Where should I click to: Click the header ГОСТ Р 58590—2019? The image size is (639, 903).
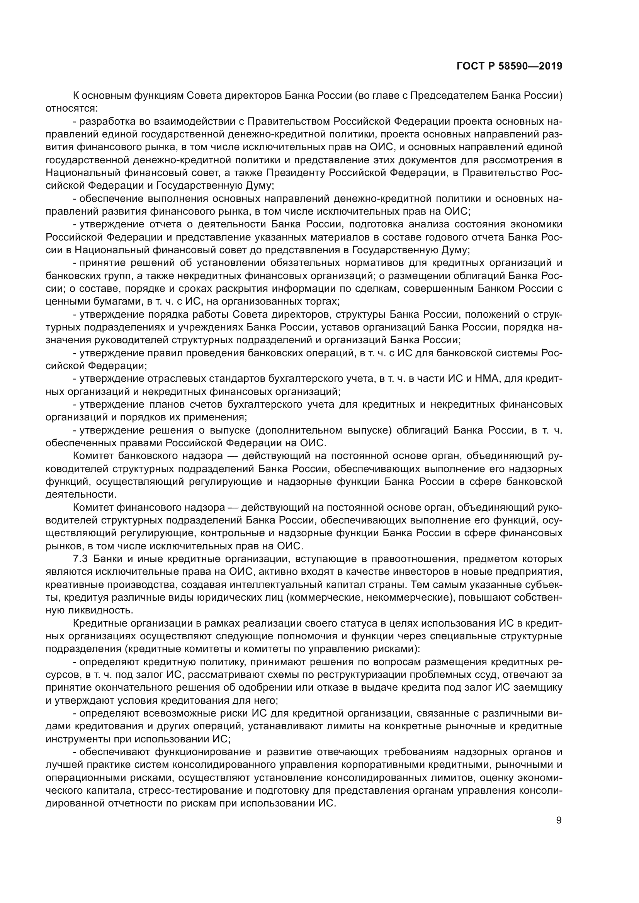pos(509,66)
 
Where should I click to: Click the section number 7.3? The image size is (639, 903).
pos(81,559)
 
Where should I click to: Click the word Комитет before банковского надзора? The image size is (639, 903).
pos(93,456)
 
